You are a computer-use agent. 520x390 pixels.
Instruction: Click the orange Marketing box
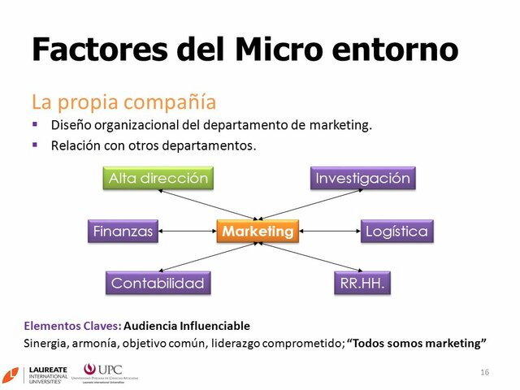point(258,232)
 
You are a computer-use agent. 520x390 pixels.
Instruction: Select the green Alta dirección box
point(158,179)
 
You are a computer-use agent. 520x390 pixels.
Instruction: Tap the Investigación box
point(362,179)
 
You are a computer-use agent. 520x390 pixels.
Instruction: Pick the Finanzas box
point(122,232)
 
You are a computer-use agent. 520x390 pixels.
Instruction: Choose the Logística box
point(396,232)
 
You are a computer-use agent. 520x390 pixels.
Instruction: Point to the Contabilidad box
point(158,284)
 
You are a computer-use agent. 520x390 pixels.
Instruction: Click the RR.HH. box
point(362,284)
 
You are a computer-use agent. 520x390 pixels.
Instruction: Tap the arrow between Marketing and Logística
point(330,232)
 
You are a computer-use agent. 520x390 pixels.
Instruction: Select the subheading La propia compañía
point(123,102)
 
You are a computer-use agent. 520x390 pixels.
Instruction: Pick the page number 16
point(485,371)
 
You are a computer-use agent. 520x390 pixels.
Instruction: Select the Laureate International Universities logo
point(37,375)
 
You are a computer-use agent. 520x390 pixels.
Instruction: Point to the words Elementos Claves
point(71,327)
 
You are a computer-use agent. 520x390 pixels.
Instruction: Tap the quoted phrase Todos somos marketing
point(417,343)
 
